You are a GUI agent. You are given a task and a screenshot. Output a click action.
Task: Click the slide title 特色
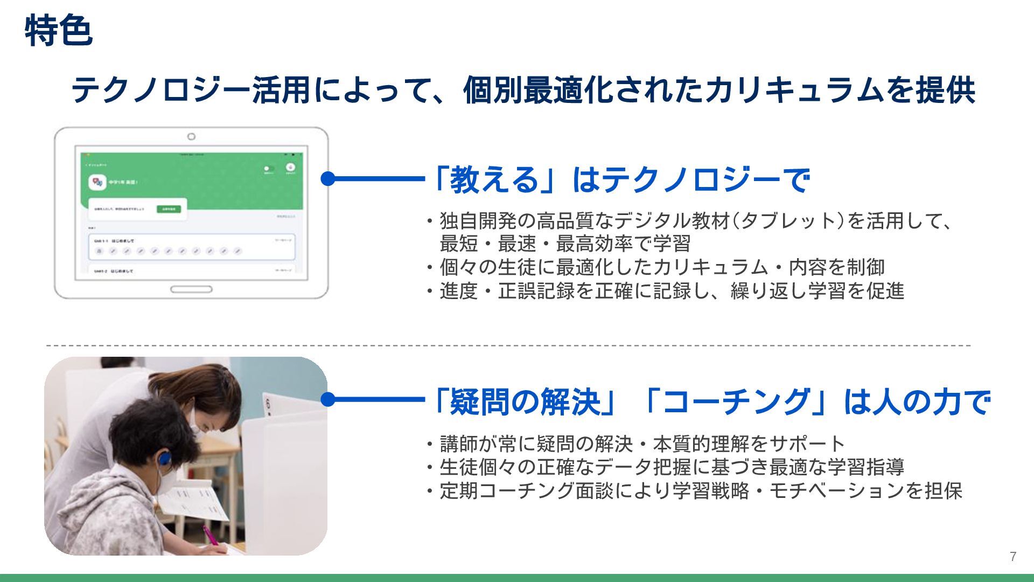click(x=58, y=31)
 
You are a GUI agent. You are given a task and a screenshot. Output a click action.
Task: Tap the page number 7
click(x=1013, y=557)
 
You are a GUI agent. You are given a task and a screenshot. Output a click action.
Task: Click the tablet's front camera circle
click(x=191, y=137)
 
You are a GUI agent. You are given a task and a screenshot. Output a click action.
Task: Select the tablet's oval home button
click(x=191, y=289)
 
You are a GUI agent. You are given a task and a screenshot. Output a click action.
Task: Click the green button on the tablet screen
click(x=169, y=209)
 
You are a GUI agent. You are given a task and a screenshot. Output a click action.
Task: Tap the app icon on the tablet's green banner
click(x=97, y=183)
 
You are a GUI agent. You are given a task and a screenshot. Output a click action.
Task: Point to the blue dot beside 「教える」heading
click(x=328, y=178)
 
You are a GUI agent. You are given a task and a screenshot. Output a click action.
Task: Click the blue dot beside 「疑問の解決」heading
click(x=328, y=399)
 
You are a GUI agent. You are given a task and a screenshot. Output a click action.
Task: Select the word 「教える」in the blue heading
click(x=494, y=179)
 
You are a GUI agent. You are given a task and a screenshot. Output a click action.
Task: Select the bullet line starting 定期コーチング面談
click(x=695, y=491)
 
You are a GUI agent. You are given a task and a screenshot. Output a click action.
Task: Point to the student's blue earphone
click(x=164, y=459)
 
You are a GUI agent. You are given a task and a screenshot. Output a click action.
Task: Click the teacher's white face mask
click(x=195, y=422)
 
